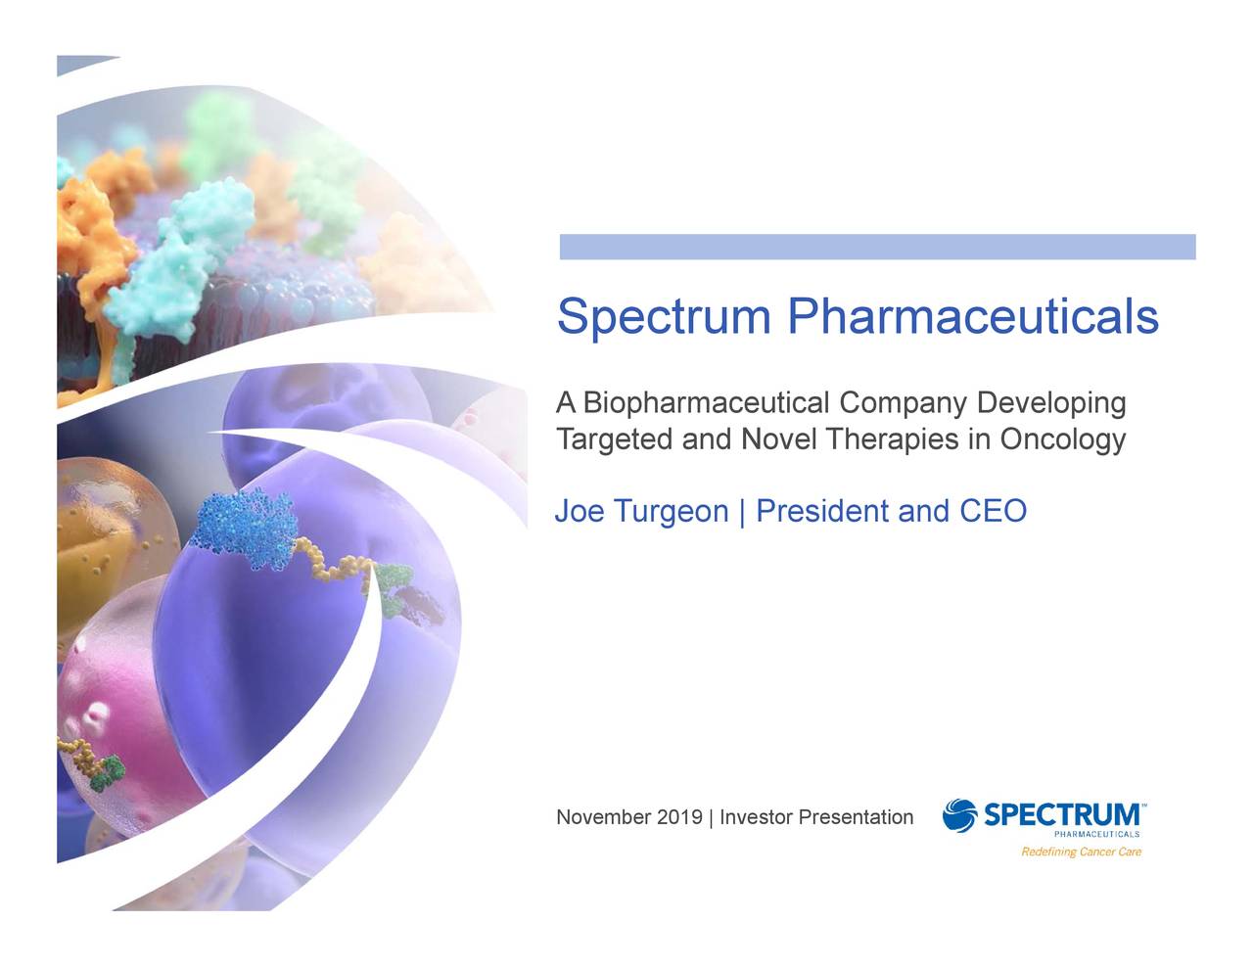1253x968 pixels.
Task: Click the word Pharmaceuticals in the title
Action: point(973,316)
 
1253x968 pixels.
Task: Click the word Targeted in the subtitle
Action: point(614,439)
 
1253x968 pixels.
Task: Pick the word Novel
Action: point(779,439)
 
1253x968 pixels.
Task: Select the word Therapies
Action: point(892,439)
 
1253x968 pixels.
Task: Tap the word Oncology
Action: point(1062,439)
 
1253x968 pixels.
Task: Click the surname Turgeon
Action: point(671,512)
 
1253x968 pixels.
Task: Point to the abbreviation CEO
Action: point(993,511)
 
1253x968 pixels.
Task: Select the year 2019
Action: point(679,817)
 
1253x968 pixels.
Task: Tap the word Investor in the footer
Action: point(756,817)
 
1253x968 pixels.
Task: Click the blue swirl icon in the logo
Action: point(959,815)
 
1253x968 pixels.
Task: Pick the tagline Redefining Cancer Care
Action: point(1081,852)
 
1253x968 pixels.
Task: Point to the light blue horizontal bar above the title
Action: point(877,247)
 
